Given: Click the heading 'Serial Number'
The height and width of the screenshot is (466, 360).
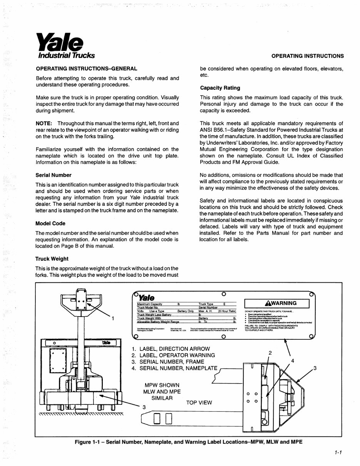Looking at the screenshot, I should [x=53, y=174].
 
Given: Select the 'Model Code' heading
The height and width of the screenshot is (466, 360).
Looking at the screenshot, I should [x=50, y=223].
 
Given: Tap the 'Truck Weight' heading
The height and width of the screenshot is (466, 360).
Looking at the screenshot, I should [x=52, y=259].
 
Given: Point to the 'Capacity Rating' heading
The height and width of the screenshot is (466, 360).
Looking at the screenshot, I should [x=220, y=88].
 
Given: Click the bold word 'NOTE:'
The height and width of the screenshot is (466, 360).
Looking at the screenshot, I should [x=44, y=123].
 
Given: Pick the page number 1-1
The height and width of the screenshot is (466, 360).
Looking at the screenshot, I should [x=338, y=453].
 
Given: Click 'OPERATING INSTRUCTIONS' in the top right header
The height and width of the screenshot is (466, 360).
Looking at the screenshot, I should [x=308, y=56].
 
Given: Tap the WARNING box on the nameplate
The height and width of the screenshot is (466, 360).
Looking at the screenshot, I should [x=277, y=303].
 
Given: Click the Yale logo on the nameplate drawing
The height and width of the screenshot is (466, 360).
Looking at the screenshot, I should [x=146, y=298].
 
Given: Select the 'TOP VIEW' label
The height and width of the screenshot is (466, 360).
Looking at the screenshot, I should [x=199, y=403].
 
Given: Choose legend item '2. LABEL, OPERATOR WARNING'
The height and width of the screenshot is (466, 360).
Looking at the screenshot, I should [x=173, y=355].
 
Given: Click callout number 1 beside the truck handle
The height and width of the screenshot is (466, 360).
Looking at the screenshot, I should [x=113, y=318].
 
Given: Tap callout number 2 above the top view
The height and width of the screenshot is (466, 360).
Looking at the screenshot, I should [x=270, y=353].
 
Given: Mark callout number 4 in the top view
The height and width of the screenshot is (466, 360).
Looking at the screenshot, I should [x=293, y=360].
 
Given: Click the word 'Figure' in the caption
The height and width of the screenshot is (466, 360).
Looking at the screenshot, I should [x=85, y=442].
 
